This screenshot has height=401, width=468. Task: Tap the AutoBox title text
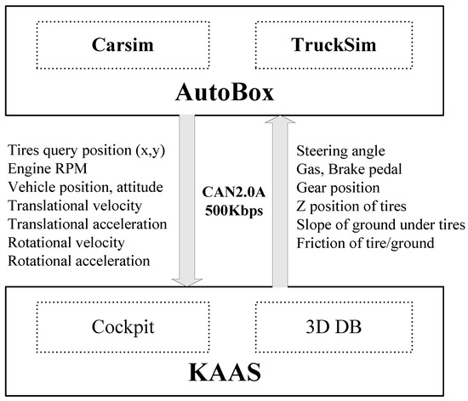[x=233, y=94]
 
